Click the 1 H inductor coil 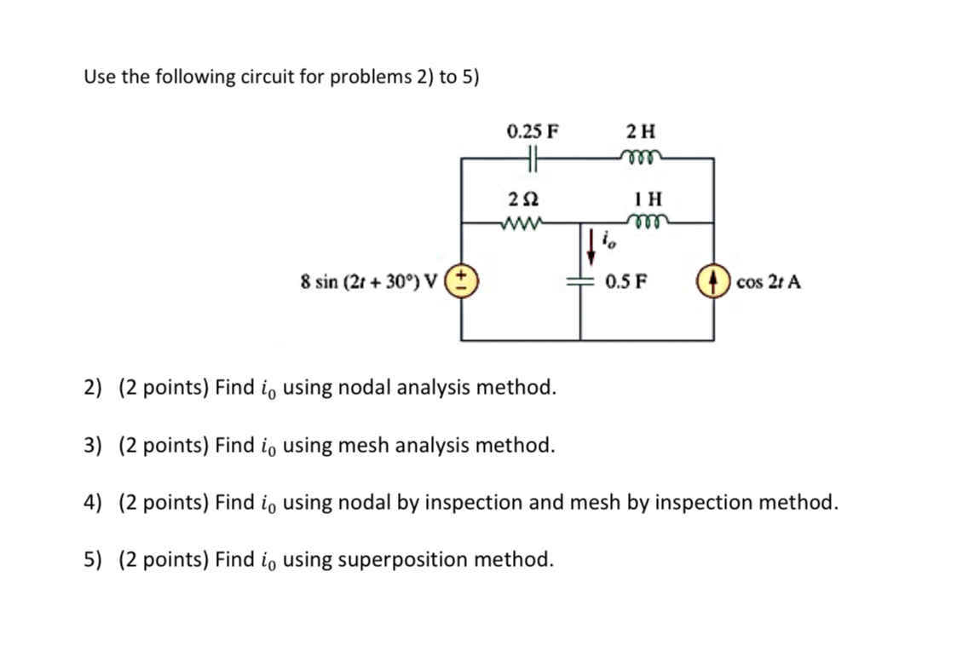[646, 222]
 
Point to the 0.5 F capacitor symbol [580, 281]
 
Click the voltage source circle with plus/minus [463, 280]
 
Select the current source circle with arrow [713, 281]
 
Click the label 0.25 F [533, 131]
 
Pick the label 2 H [641, 131]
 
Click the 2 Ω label [522, 199]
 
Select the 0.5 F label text [624, 281]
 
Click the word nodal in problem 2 [365, 389]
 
